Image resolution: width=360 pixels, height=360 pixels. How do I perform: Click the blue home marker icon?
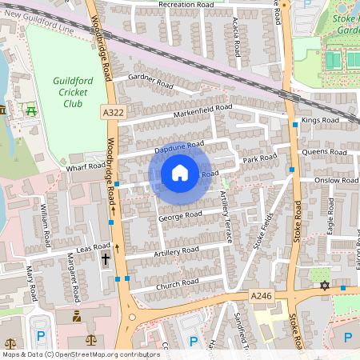[x=180, y=173]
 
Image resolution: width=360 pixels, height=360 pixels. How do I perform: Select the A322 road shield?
[x=113, y=114]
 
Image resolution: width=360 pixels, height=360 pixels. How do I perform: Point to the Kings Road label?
[x=320, y=121]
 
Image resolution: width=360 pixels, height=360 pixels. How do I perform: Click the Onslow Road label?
[x=338, y=181]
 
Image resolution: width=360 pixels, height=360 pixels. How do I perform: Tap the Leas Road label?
[x=92, y=249]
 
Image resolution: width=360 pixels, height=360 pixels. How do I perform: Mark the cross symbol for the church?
[x=106, y=258]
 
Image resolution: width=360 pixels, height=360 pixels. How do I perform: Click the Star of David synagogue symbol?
[x=324, y=285]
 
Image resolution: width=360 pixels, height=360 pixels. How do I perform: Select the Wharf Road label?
[x=86, y=167]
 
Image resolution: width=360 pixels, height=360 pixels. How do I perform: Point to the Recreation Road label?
[x=186, y=5]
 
